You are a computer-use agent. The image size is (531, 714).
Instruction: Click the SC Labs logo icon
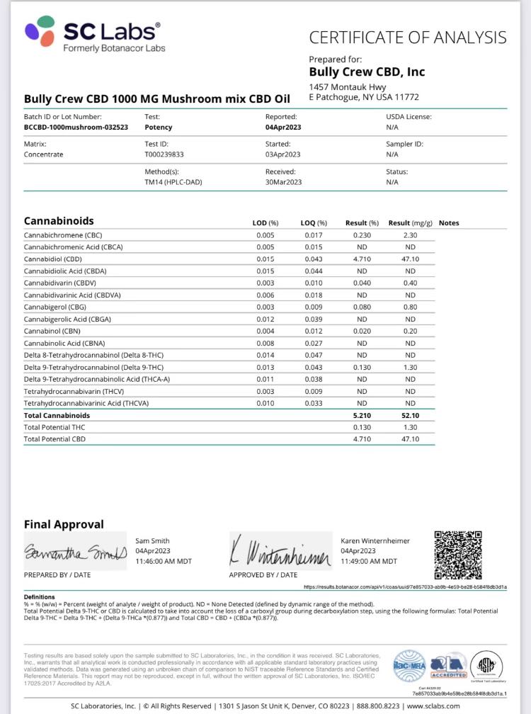40,32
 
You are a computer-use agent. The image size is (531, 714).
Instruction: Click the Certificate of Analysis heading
408,38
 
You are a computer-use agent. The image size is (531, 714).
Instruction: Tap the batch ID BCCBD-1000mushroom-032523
76,127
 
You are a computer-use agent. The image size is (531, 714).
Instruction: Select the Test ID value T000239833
164,154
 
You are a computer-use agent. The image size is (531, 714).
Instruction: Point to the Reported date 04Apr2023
284,127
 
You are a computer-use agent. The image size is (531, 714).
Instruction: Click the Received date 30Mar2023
284,182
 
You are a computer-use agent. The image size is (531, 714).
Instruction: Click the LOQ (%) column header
314,223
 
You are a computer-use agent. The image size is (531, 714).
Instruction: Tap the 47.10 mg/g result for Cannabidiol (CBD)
410,259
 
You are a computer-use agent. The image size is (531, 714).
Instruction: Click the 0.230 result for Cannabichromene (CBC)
362,234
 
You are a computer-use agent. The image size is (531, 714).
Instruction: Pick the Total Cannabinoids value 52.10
410,415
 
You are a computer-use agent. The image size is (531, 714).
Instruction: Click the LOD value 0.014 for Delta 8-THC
265,355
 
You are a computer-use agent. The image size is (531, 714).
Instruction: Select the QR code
457,555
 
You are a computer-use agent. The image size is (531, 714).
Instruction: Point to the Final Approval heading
64,524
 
